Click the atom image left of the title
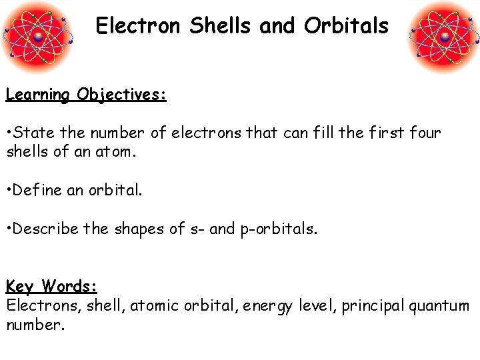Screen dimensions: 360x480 [x=37, y=36]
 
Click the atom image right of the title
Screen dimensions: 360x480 [x=443, y=36]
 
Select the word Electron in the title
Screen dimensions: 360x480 [x=138, y=26]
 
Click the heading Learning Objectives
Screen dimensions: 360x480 [x=86, y=95]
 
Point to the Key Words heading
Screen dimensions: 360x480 [x=52, y=287]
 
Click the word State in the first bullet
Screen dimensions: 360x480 [x=34, y=133]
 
